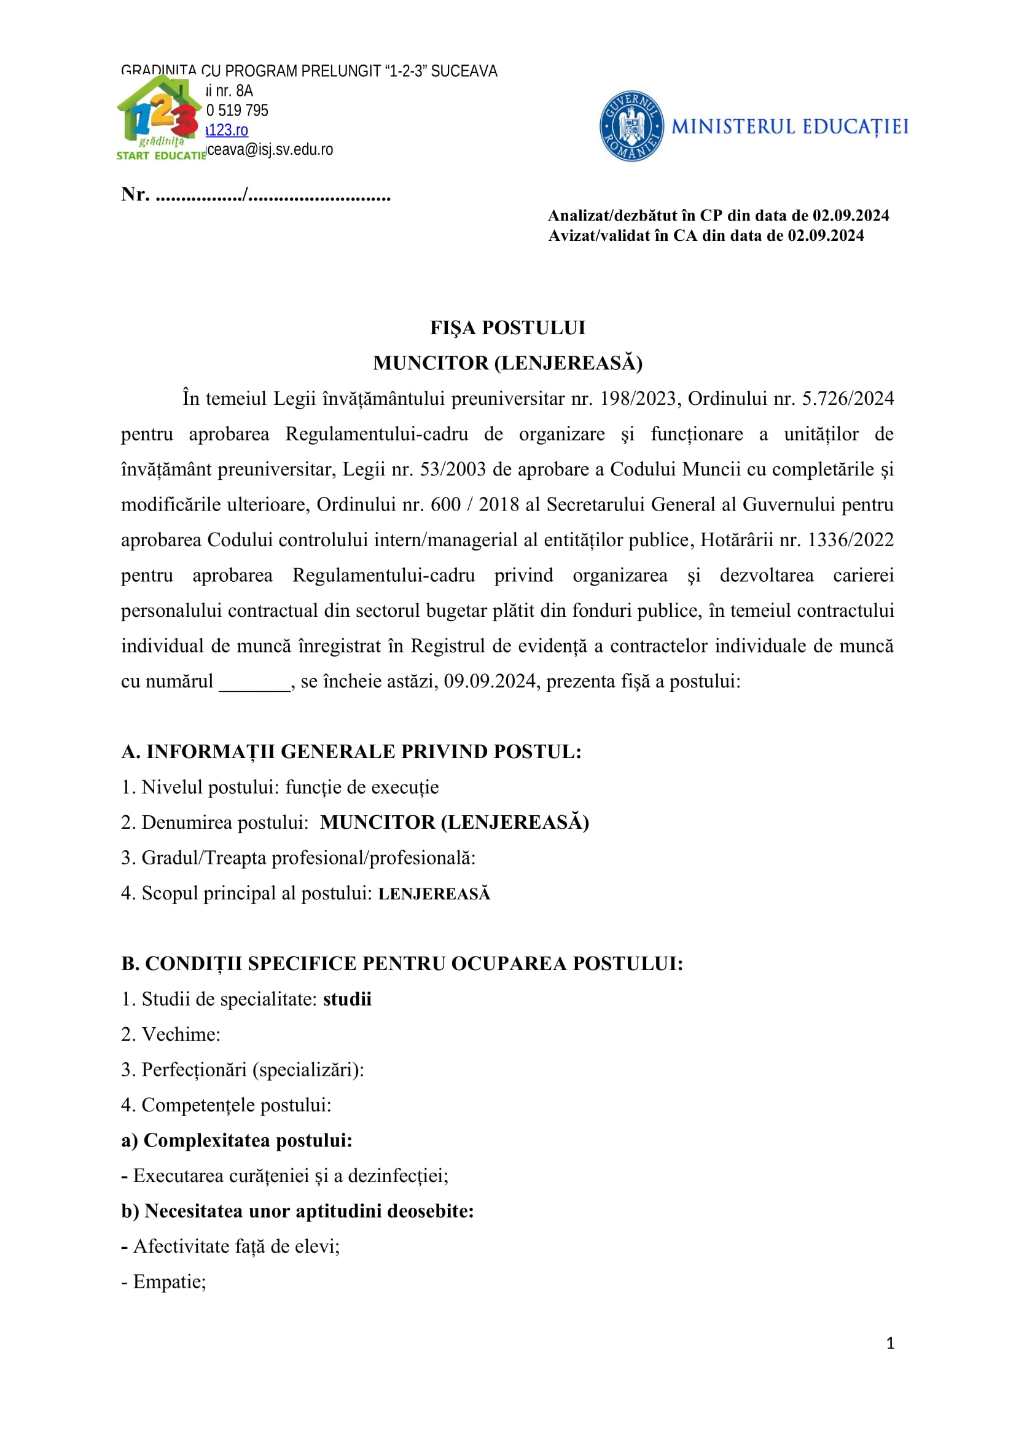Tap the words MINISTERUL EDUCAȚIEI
[x=789, y=127]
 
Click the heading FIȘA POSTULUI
[x=507, y=328]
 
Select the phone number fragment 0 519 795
[x=237, y=111]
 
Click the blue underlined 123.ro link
[x=228, y=130]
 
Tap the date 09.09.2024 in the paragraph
[x=490, y=681]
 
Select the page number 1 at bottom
[x=890, y=1343]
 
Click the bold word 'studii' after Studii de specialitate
[x=347, y=999]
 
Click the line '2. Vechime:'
[x=171, y=1035]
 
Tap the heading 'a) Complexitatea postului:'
[x=236, y=1140]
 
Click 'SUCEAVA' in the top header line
[x=464, y=71]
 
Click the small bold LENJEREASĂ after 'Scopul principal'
[x=434, y=894]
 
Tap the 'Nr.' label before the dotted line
[x=135, y=195]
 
